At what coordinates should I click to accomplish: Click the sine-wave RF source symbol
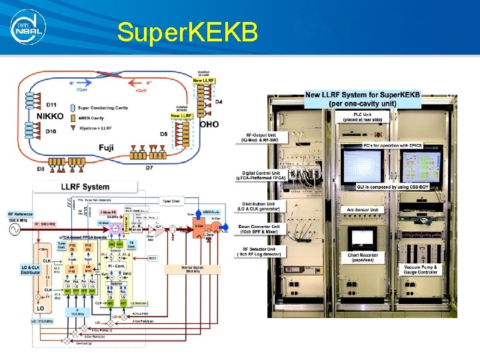[x=14, y=230]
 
